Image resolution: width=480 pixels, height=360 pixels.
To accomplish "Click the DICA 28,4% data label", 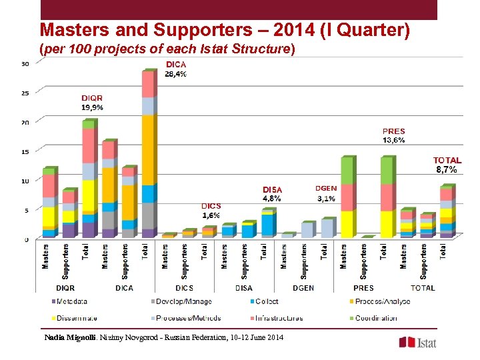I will point(176,69).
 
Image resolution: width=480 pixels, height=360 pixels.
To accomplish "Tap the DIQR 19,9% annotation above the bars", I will point(92,102).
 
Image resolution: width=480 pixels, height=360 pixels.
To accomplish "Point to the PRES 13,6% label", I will point(394,136).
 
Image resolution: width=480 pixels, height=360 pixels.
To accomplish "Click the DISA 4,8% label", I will point(272,194).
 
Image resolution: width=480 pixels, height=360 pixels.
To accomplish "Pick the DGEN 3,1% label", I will point(326,193).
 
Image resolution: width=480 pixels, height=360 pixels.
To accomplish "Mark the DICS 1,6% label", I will point(211,211).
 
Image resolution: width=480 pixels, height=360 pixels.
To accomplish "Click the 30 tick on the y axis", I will point(25,64).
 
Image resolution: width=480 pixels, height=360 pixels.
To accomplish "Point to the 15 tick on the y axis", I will point(25,151).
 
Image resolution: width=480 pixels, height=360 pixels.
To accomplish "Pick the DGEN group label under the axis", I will point(303,288).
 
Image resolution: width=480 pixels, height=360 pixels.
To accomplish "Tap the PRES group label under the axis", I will point(363,288).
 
